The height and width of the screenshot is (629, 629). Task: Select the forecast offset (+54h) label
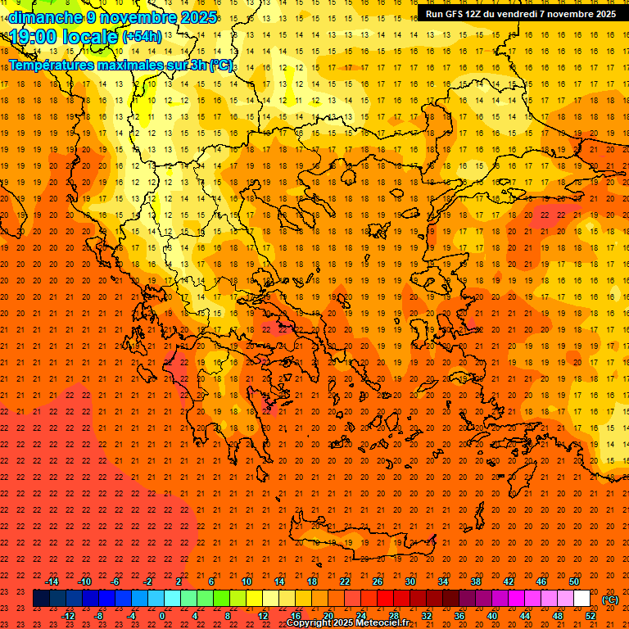click(x=142, y=37)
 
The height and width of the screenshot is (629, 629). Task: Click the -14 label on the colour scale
click(x=52, y=581)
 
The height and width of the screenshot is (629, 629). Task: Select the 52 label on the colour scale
click(x=591, y=616)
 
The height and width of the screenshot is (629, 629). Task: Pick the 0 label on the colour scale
click(x=162, y=616)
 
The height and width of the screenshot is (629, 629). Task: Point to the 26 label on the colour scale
click(x=378, y=581)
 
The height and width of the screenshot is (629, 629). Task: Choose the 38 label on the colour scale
click(x=476, y=581)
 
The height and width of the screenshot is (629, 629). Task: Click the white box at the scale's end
click(x=582, y=599)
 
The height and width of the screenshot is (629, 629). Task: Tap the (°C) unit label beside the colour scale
click(x=610, y=600)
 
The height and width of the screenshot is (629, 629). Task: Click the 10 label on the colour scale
click(x=247, y=581)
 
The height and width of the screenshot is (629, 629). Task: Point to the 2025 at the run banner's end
click(x=605, y=14)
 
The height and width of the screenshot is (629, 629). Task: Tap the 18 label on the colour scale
click(x=312, y=581)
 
